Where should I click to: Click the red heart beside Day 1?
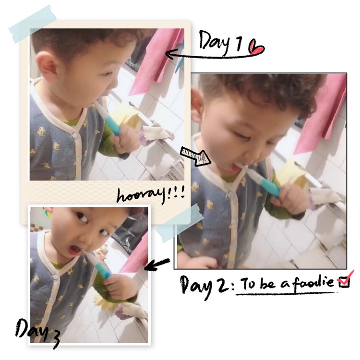(257, 48)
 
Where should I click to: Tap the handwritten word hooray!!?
(151, 195)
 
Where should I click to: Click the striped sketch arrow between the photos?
(195, 156)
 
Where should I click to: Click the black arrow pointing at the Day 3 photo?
(157, 264)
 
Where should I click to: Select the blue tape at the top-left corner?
(33, 24)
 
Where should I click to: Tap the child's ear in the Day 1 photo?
(47, 65)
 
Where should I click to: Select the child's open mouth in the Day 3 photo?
(73, 250)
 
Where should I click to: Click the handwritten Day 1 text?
(221, 43)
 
